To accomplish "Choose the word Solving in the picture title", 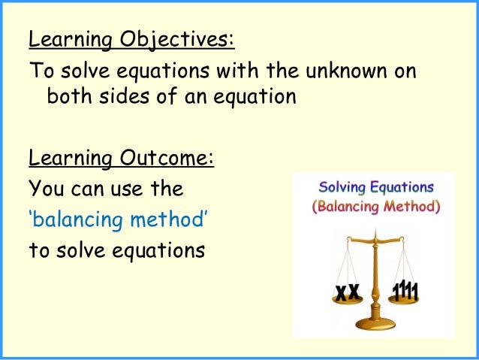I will (x=342, y=187).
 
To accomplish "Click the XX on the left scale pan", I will (x=348, y=293).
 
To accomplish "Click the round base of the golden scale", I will (x=375, y=325).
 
